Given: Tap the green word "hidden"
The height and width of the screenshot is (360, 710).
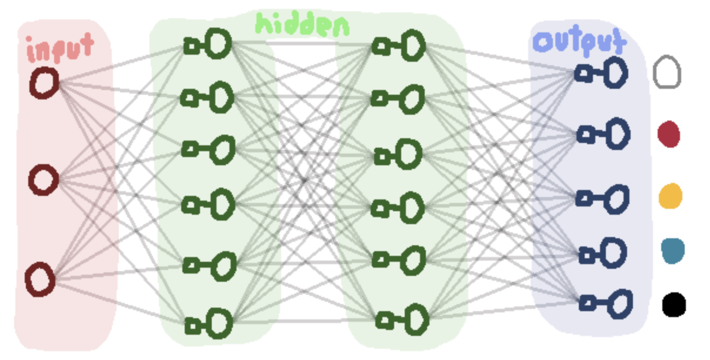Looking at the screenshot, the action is pyautogui.click(x=302, y=24).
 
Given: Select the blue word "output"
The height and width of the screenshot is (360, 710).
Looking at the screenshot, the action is pyautogui.click(x=580, y=41).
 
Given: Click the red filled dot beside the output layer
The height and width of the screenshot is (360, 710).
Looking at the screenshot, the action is pyautogui.click(x=669, y=134).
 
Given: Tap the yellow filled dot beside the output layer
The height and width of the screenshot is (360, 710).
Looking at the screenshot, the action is pyautogui.click(x=671, y=196).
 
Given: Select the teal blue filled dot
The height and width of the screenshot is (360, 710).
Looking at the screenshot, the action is pyautogui.click(x=673, y=251).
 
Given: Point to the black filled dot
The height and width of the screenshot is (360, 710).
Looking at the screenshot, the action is pyautogui.click(x=674, y=305).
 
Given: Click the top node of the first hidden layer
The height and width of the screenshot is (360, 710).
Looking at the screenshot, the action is pyautogui.click(x=208, y=44).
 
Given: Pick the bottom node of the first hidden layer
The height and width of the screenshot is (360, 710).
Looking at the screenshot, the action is pyautogui.click(x=209, y=324).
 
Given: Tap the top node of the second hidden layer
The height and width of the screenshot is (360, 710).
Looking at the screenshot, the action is pyautogui.click(x=398, y=46).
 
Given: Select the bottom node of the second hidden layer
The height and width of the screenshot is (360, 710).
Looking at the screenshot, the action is pyautogui.click(x=402, y=319).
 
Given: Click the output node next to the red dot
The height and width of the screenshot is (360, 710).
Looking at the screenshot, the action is pyautogui.click(x=603, y=134).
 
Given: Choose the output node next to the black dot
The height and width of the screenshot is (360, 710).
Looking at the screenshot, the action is pyautogui.click(x=606, y=304).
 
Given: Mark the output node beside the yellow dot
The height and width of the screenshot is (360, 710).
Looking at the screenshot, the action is pyautogui.click(x=602, y=199).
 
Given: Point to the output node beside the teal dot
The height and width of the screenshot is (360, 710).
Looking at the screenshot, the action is pyautogui.click(x=602, y=254).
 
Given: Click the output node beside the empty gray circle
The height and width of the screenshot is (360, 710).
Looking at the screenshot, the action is pyautogui.click(x=601, y=73).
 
